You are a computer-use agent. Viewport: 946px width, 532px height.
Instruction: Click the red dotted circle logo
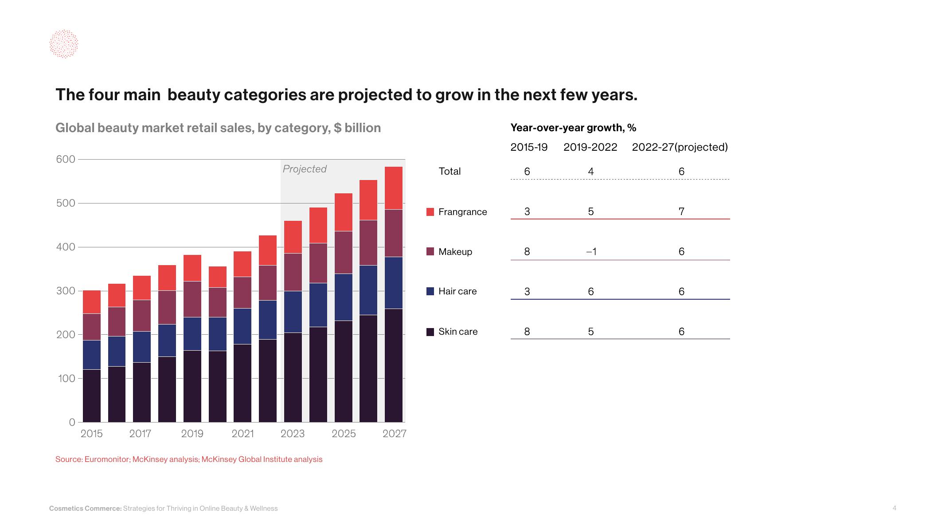[63, 44]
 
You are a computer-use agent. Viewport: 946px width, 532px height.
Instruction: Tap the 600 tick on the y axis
[66, 159]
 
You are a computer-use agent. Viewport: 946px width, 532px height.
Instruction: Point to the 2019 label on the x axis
[192, 434]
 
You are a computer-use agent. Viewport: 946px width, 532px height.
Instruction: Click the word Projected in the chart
[305, 169]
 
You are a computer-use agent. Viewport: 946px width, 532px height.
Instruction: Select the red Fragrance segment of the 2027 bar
[393, 188]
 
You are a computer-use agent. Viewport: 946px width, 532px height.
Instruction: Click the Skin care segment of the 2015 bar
[92, 395]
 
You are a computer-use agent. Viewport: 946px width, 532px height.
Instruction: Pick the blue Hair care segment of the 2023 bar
[293, 312]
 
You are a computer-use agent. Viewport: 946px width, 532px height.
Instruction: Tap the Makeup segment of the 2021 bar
[242, 293]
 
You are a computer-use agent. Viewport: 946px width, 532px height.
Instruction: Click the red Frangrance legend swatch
[430, 212]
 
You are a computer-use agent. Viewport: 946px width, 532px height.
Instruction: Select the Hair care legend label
[457, 291]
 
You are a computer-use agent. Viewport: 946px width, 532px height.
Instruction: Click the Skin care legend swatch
[430, 332]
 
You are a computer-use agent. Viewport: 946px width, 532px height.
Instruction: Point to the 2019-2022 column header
[590, 147]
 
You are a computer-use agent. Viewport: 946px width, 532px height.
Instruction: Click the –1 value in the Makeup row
[591, 252]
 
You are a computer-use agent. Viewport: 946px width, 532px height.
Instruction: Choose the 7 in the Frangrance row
[681, 211]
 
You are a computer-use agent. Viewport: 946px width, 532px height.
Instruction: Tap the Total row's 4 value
[591, 172]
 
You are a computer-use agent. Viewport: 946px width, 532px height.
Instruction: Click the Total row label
[450, 172]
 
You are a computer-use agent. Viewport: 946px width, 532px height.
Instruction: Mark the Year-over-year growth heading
[573, 128]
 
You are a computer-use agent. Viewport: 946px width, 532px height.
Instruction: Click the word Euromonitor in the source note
[107, 459]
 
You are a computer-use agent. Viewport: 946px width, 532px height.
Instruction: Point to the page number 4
[894, 508]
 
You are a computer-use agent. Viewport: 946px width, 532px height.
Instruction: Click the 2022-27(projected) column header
[680, 147]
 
